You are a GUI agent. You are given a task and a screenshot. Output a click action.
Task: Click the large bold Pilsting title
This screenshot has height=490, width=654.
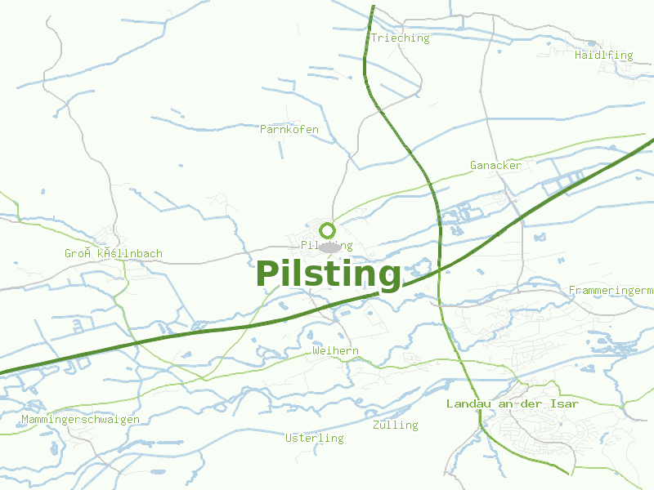[329, 274]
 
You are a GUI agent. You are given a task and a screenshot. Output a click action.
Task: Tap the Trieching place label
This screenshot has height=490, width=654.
[400, 38]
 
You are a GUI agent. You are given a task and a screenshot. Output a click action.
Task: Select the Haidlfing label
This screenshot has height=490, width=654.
[603, 56]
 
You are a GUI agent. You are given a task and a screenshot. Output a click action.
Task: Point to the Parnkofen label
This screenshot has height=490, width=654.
[289, 130]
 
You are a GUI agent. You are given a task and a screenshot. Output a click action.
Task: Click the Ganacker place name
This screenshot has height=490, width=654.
[495, 166]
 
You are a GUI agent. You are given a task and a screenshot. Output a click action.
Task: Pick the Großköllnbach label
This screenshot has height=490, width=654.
[114, 254]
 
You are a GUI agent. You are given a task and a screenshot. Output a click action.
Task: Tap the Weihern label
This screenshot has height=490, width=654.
[335, 351]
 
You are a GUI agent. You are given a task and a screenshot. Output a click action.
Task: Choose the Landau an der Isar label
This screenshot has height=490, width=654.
[513, 404]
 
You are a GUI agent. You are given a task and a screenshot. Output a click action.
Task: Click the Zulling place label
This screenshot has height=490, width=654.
[395, 425]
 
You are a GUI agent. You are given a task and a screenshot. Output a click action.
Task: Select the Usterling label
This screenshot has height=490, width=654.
[315, 439]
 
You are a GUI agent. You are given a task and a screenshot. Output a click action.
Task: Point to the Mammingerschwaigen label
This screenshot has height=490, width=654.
[80, 420]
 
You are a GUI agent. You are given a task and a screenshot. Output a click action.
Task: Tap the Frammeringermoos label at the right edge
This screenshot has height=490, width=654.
[611, 291]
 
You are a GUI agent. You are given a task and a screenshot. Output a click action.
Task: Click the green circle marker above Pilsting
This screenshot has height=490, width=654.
[328, 230]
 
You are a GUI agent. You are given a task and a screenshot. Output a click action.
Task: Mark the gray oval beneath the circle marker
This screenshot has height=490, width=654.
[330, 247]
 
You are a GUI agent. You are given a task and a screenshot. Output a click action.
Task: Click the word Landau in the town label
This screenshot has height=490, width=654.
[467, 404]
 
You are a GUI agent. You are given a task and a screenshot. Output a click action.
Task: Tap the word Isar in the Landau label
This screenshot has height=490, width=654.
[565, 404]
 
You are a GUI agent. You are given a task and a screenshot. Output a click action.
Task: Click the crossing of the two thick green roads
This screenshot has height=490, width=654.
[440, 268]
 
